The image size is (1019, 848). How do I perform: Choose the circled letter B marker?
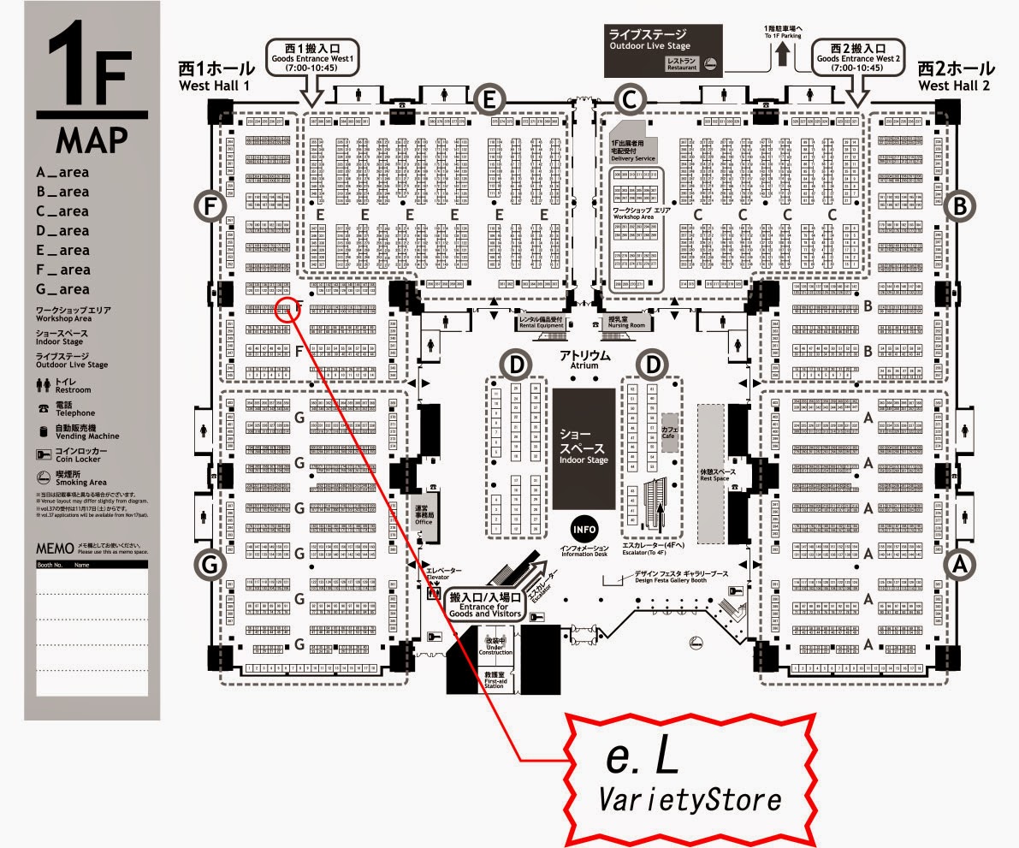(x=961, y=205)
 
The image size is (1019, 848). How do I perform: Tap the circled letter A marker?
(x=961, y=564)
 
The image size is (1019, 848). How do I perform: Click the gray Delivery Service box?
(x=634, y=149)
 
